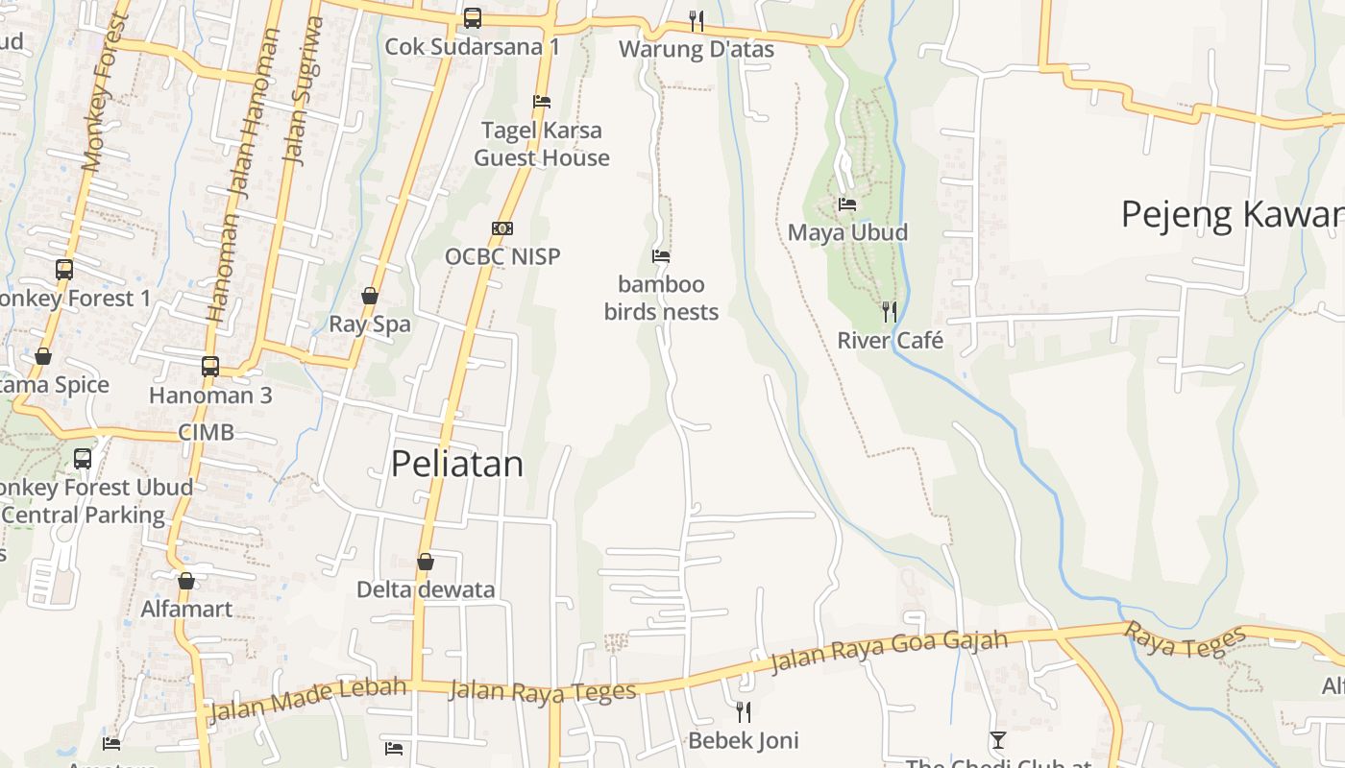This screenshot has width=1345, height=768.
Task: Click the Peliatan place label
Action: [x=457, y=465]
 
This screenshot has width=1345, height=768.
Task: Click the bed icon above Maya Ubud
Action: [x=847, y=204]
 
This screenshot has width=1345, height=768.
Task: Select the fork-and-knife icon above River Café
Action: [x=890, y=311]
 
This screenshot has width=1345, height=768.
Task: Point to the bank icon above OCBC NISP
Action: [x=502, y=228]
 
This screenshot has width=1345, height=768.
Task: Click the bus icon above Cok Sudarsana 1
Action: [x=472, y=17]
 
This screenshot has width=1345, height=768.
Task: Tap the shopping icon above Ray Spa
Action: [x=370, y=296]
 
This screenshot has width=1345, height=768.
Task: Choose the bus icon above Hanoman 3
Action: [x=210, y=366]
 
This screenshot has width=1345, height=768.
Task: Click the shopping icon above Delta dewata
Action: [x=426, y=562]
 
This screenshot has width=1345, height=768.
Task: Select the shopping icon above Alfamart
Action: [x=186, y=581]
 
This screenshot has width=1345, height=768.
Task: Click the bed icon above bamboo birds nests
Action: [x=661, y=256]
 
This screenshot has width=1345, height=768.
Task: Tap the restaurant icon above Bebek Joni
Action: [x=743, y=711]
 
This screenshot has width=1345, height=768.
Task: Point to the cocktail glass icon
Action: [x=998, y=739]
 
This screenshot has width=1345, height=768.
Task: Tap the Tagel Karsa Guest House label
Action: [x=542, y=144]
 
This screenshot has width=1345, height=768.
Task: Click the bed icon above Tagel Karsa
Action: [x=542, y=101]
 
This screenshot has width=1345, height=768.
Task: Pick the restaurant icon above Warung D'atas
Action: [x=697, y=20]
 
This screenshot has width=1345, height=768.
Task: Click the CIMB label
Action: [x=206, y=432]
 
